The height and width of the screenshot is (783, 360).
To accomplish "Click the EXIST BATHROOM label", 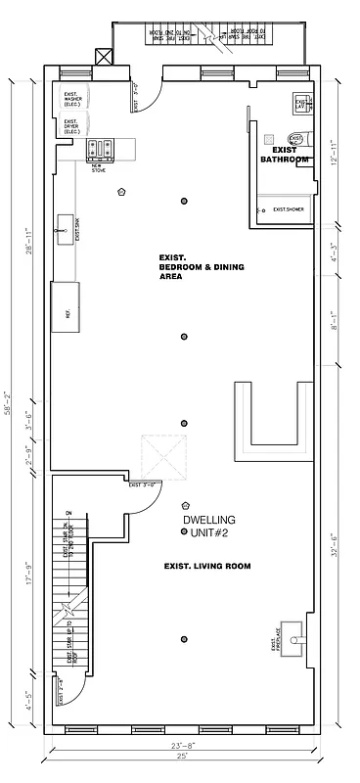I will pos(285,155).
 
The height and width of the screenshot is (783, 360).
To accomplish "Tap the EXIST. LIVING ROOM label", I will pos(207,566).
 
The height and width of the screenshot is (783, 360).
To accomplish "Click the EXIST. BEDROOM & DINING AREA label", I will pos(201,267).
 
